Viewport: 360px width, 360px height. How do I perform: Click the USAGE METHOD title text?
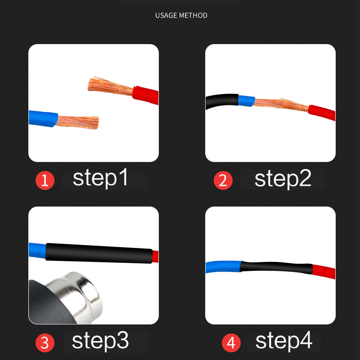(181, 15)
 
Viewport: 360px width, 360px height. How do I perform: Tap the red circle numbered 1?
(45, 181)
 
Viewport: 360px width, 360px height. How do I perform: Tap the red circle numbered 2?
(223, 180)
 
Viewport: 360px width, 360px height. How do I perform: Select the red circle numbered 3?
(45, 343)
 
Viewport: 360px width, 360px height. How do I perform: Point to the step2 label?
(283, 179)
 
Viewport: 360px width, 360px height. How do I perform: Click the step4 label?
(283, 342)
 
